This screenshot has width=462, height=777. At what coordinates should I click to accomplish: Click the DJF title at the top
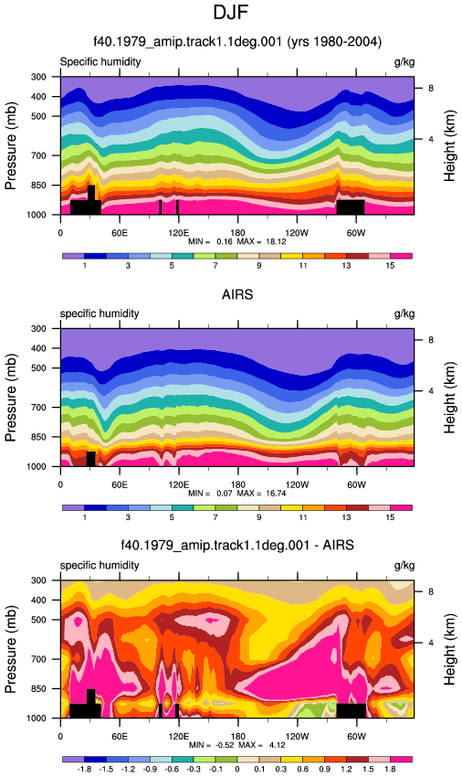coord(230,13)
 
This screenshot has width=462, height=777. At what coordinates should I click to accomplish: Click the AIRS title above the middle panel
coord(237,295)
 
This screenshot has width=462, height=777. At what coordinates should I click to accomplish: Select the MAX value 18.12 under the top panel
coord(276,242)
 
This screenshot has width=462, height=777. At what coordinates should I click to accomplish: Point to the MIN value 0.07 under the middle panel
coord(225,494)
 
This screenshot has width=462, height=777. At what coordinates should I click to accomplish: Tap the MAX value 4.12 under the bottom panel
coord(277,745)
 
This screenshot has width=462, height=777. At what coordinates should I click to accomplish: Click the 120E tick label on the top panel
coord(178,233)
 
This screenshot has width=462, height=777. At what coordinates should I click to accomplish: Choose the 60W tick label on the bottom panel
coord(356,737)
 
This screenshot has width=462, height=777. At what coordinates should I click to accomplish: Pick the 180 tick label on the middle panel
coord(237,484)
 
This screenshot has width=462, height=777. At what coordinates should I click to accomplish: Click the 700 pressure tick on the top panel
coord(38,155)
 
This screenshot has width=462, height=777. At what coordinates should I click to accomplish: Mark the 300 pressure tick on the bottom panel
coord(38,580)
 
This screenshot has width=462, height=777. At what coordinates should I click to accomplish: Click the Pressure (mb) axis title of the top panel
coord(10,146)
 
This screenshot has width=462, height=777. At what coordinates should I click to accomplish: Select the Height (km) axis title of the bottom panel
coord(449,650)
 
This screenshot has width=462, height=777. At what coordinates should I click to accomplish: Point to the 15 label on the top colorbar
coord(390,266)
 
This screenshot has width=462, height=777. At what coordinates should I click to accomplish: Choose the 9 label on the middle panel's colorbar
coord(259,517)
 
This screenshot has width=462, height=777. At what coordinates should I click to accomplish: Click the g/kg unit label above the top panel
coord(404,62)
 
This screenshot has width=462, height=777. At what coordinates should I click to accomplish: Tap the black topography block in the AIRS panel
coord(90,459)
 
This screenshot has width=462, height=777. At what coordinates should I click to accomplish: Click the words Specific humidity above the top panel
coord(100,62)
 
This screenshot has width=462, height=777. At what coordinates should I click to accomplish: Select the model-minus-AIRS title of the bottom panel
coord(237,546)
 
